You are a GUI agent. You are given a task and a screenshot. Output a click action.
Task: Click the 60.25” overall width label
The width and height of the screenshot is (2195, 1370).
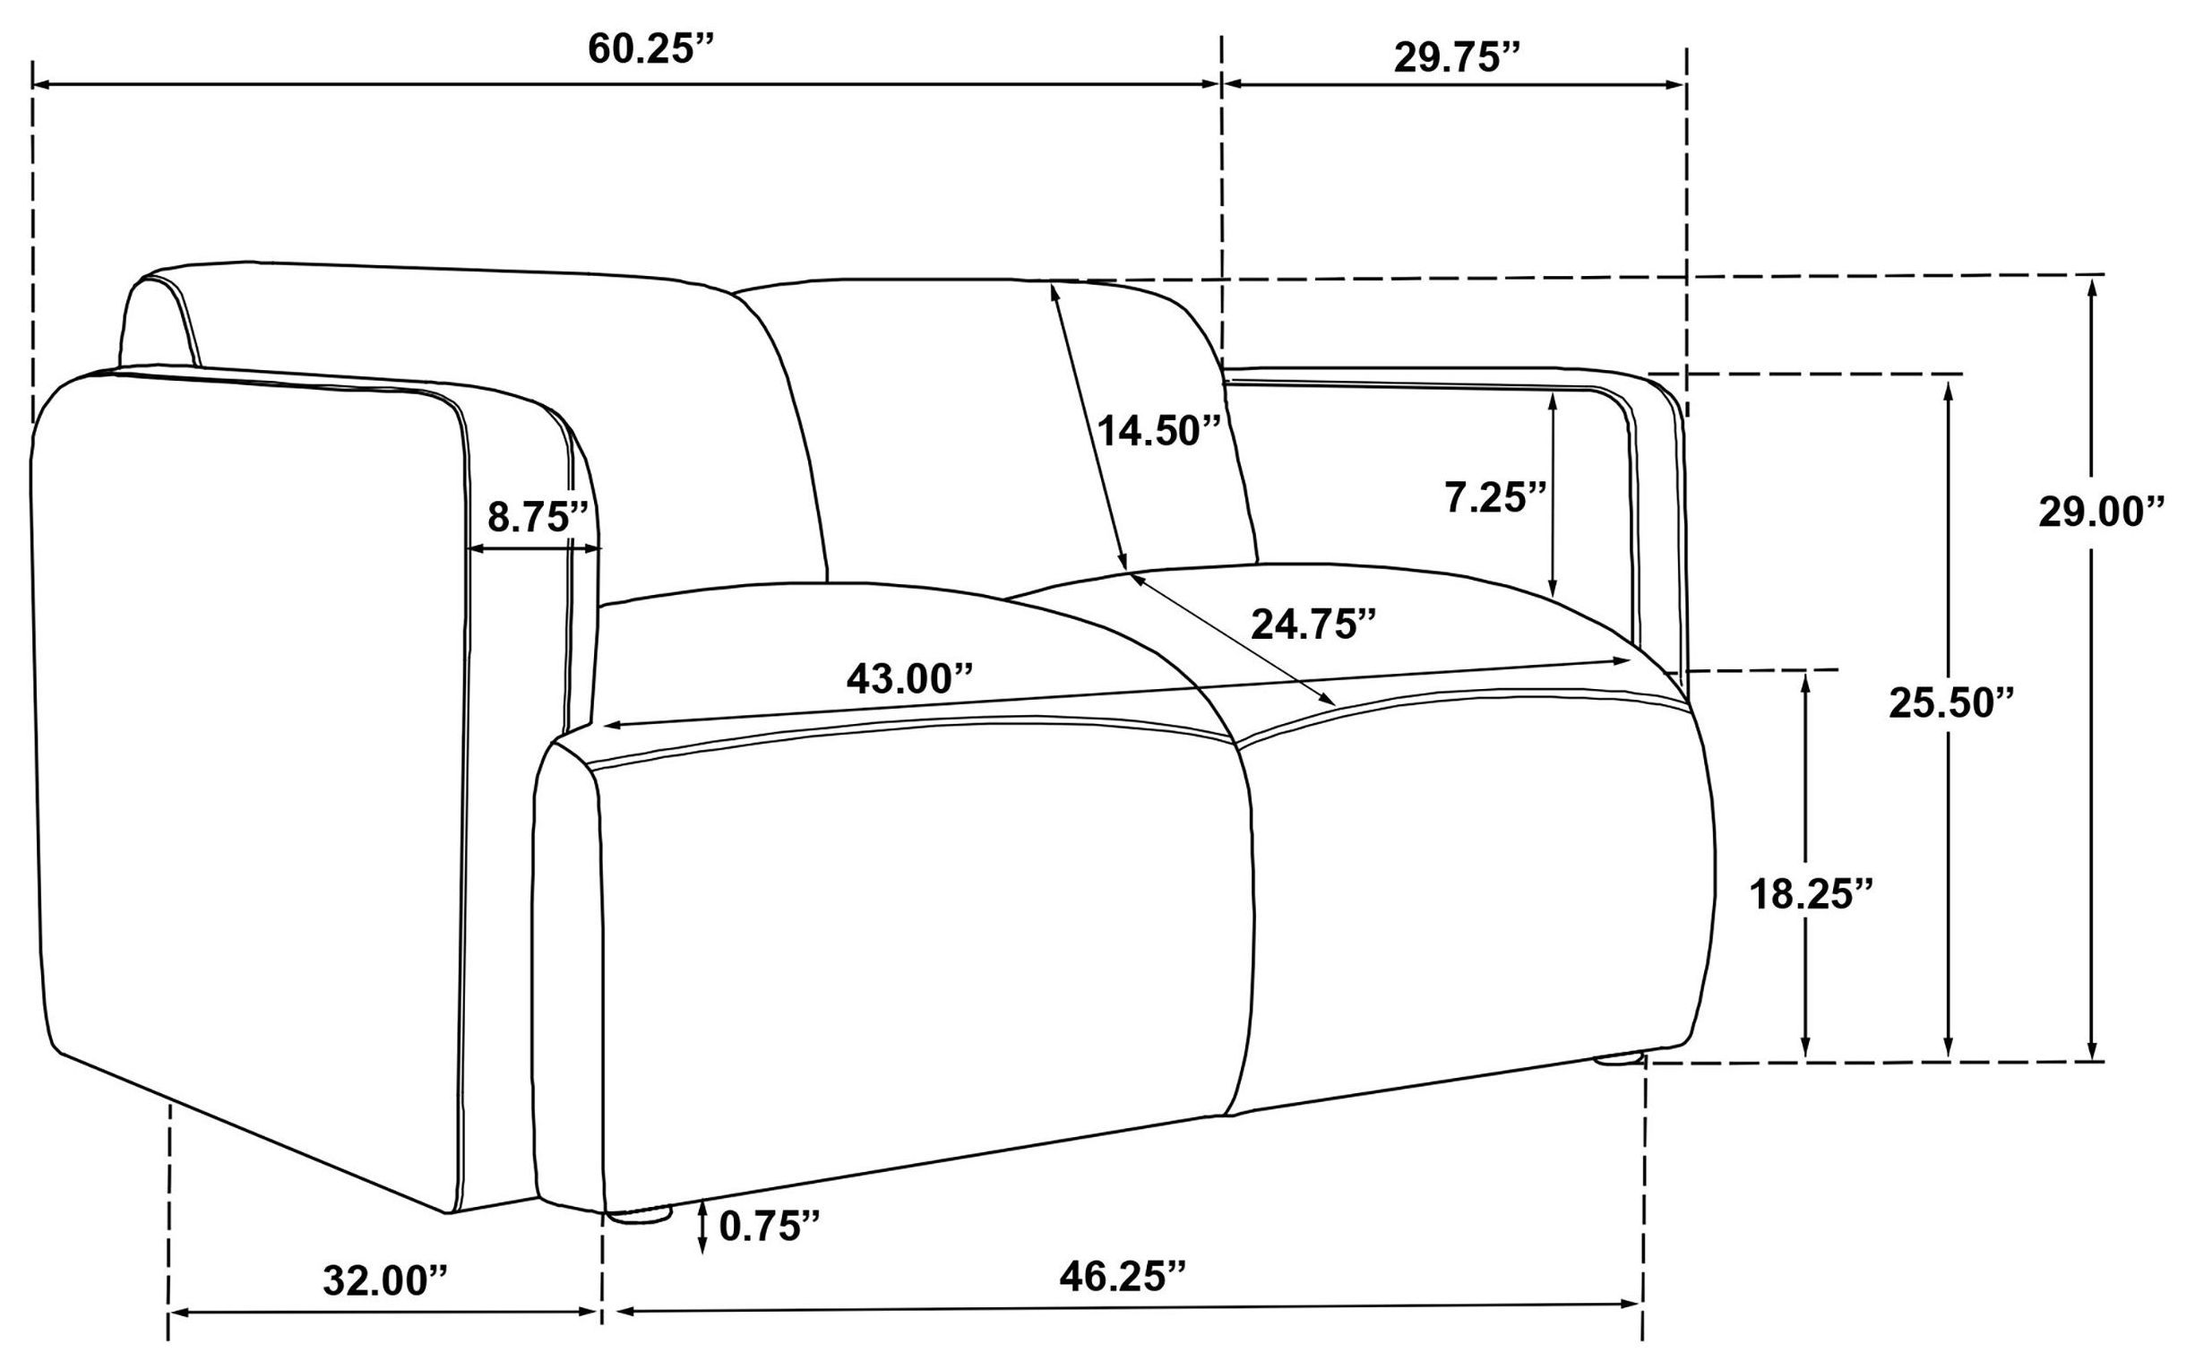coord(651,49)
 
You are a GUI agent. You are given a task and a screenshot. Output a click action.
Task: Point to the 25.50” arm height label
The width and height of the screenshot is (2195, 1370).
coord(1950,703)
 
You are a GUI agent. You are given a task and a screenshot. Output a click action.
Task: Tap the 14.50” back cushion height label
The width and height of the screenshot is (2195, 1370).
coord(1159,430)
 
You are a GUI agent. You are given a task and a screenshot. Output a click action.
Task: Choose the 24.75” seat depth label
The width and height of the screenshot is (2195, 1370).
coord(1313,625)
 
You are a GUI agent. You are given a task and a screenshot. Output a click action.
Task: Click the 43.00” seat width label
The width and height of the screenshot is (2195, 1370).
coord(909,677)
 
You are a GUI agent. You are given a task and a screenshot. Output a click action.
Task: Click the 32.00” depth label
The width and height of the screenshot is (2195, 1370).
coord(386,1280)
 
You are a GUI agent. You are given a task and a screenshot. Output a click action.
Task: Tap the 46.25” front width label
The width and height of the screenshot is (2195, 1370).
coord(1123,1276)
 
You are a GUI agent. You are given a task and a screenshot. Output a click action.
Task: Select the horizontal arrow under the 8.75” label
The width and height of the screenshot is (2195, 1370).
coord(534,549)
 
